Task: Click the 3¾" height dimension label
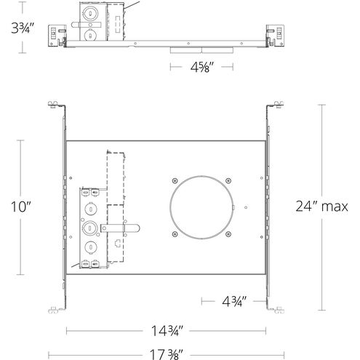[23, 28]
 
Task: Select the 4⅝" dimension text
[202, 67]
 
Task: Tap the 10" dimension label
[21, 207]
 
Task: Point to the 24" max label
[321, 207]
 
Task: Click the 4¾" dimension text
[234, 301]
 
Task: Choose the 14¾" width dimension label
[167, 331]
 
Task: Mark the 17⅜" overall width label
[167, 354]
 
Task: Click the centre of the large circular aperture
[201, 207]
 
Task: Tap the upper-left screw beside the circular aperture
[175, 180]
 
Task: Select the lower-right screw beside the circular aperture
[228, 234]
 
